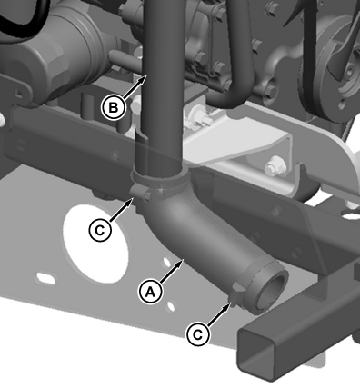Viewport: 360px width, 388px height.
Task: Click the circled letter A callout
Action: point(151,292)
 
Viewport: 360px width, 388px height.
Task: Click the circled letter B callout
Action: point(113,107)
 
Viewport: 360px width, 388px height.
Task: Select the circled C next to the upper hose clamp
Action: point(100,230)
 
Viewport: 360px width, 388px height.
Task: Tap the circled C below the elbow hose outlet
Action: point(197,334)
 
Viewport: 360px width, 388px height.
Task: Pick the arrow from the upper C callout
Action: point(121,209)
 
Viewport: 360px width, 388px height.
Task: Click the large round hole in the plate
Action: point(96,244)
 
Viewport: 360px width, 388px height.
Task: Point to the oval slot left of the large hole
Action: point(46,277)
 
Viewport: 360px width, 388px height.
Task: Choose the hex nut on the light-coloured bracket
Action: point(274,165)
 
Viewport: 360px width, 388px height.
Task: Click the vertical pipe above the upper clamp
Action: point(163,85)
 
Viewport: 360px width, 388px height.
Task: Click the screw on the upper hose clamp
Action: point(147,195)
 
